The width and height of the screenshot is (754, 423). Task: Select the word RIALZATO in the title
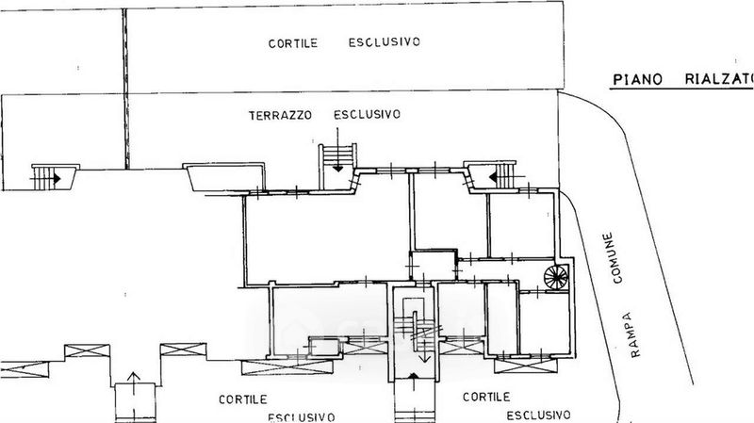click(x=718, y=80)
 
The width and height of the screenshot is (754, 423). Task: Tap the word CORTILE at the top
click(x=295, y=43)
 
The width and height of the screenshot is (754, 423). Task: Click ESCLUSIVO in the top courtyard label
click(x=383, y=43)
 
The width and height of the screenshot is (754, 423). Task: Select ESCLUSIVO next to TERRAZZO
click(x=368, y=115)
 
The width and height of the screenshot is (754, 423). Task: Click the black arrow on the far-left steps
click(x=57, y=176)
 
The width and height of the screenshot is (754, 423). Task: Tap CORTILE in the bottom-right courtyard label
click(x=487, y=397)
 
